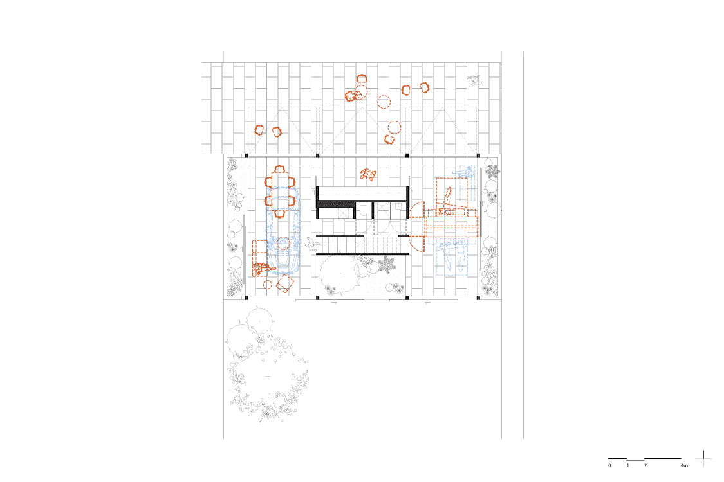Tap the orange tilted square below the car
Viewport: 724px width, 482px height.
284,284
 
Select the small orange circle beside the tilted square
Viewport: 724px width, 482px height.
268,284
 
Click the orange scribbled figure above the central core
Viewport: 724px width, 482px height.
368,174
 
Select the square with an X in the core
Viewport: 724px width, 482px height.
343,213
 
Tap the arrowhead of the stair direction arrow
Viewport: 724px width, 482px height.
358,245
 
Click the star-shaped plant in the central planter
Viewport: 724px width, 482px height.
387,264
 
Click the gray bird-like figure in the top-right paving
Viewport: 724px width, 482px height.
476,81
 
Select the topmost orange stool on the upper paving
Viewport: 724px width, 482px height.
362,79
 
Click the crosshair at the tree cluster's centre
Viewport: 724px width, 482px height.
268,376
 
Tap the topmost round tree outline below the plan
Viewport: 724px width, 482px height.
259,319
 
